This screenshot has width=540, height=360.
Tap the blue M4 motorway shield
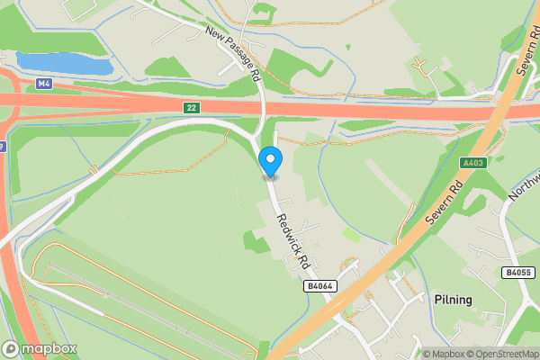(x=44, y=84)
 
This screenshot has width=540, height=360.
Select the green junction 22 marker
(x=191, y=107)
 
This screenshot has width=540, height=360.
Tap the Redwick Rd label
(x=292, y=240)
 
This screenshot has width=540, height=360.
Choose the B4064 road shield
(x=319, y=286)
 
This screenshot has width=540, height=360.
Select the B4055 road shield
(x=517, y=272)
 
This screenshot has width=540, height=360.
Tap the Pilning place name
(x=453, y=299)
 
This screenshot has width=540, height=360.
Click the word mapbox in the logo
(x=49, y=348)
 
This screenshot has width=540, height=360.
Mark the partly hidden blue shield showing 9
(x=3, y=146)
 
